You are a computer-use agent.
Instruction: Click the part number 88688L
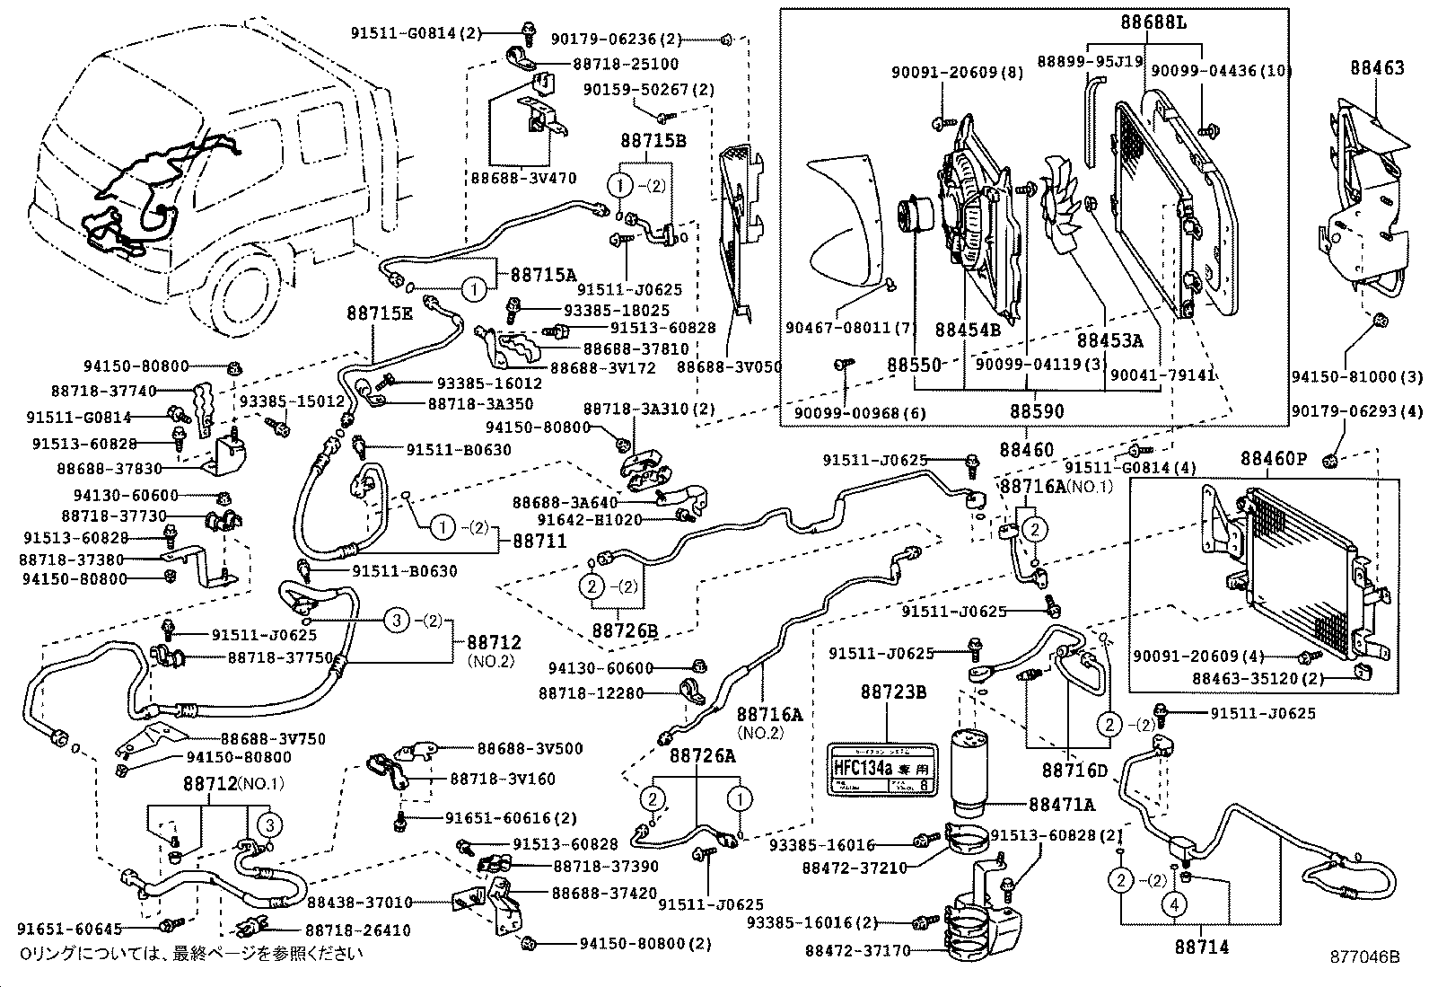[x=1153, y=22]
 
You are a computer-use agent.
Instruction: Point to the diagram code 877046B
[x=1364, y=957]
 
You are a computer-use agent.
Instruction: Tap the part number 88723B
[x=886, y=692]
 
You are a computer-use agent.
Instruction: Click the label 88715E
[x=381, y=313]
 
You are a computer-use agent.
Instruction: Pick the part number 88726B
[x=625, y=630]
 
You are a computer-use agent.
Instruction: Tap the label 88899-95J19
[x=1090, y=61]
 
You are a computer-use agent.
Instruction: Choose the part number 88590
[x=1037, y=411]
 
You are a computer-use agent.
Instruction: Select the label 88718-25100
[x=626, y=64]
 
